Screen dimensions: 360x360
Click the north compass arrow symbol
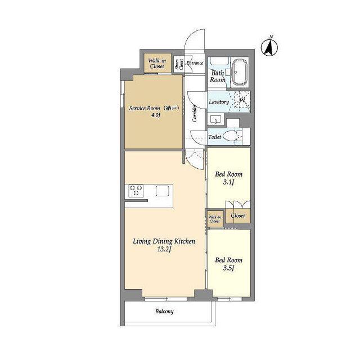(269, 48)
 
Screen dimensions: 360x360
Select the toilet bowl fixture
(231, 136)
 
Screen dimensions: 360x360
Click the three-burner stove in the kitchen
(136, 191)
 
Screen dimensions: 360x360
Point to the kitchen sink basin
(163, 191)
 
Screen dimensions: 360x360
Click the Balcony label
(164, 311)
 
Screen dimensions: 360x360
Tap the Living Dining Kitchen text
(164, 241)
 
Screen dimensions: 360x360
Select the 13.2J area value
(164, 249)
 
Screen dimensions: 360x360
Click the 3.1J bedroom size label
(229, 182)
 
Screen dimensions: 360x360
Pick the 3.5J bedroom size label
(229, 268)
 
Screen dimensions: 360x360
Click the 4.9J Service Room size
(155, 115)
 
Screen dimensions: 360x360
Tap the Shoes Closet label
(179, 64)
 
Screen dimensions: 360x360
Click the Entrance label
(195, 63)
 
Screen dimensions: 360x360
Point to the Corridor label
(195, 113)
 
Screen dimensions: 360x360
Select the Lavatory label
(219, 102)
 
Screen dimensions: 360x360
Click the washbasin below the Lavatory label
(215, 119)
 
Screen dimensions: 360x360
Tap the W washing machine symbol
(242, 100)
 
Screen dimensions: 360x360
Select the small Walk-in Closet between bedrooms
(215, 219)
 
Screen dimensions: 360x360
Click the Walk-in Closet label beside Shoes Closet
(157, 64)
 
